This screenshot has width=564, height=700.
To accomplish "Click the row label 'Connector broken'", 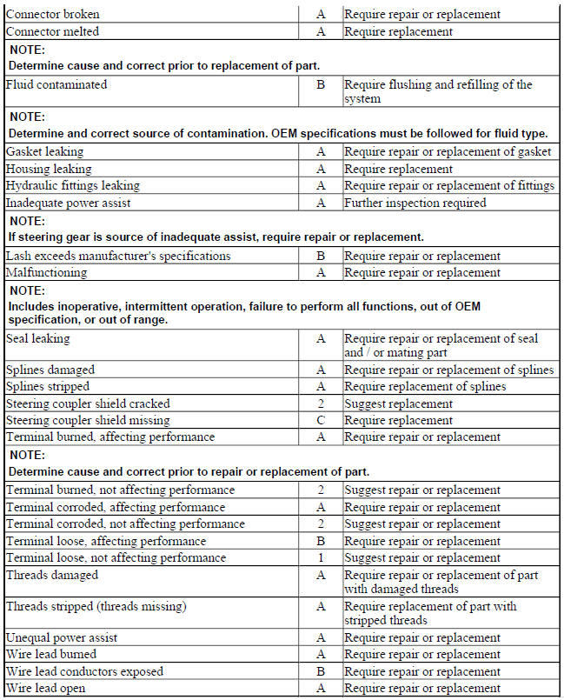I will [x=53, y=15].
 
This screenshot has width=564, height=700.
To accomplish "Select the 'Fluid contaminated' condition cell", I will [x=56, y=85].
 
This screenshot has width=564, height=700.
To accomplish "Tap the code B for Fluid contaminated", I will [x=321, y=85].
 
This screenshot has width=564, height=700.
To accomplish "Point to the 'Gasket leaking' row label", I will [x=44, y=152].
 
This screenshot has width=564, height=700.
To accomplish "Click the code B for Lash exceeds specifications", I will [x=321, y=257].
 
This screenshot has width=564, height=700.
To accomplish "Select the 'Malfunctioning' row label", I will [x=47, y=273].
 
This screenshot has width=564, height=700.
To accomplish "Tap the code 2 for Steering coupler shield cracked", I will [x=321, y=404].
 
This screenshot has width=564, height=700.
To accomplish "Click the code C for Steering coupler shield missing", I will [x=321, y=421].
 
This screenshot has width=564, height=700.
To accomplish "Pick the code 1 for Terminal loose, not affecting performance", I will [x=321, y=558].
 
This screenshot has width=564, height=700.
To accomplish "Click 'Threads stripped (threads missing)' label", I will [x=96, y=607].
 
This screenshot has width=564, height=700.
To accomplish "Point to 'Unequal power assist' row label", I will [x=62, y=638].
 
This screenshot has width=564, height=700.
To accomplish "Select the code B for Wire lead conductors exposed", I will [x=321, y=672].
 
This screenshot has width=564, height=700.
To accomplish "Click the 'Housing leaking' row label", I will [x=48, y=170].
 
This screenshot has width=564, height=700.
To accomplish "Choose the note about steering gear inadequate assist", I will [x=216, y=237].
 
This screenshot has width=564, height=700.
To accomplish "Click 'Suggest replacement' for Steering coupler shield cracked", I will [x=398, y=404].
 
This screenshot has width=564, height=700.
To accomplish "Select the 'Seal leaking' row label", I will [x=38, y=339].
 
